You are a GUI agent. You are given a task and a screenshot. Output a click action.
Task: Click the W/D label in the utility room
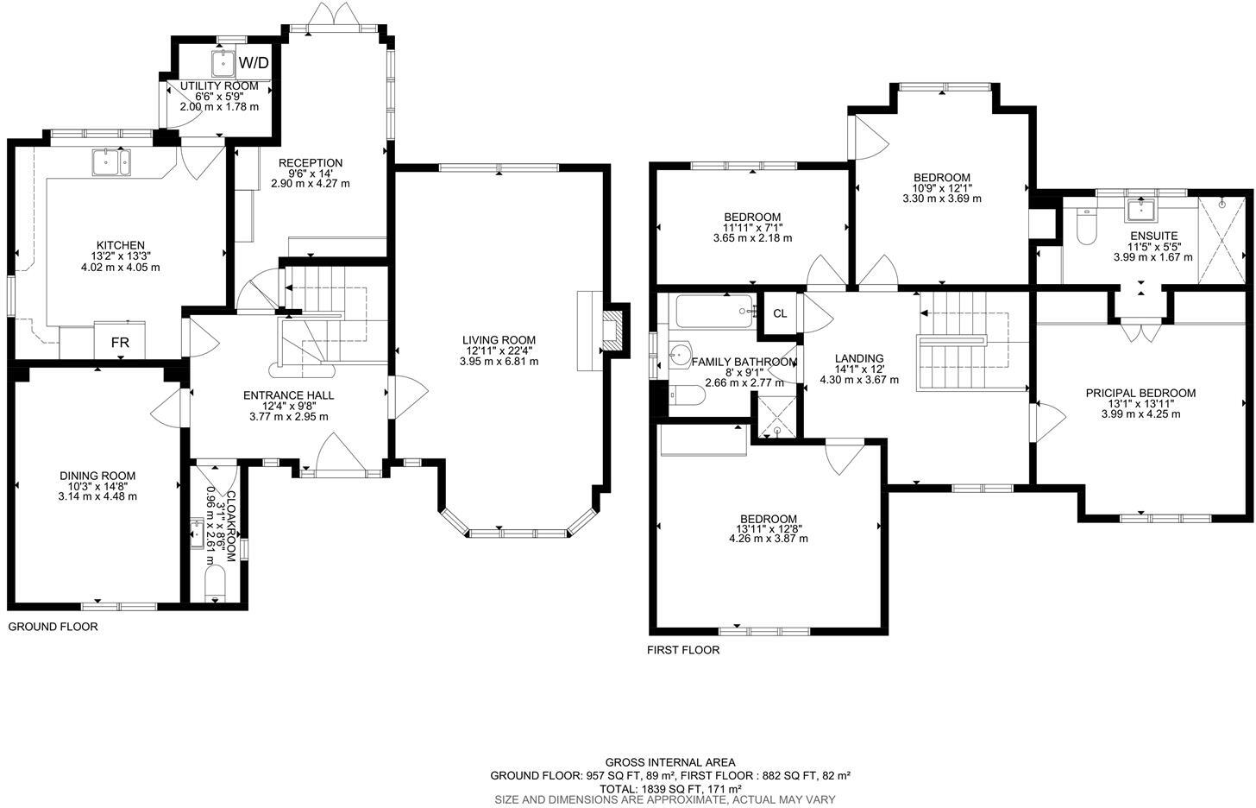[254, 63]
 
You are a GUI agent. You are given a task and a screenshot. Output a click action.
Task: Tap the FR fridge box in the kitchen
[120, 343]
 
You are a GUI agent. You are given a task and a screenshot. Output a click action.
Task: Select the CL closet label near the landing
[780, 314]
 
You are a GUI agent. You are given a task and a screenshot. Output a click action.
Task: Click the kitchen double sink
[111, 161]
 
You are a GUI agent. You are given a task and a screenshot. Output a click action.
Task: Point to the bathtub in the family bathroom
[715, 311]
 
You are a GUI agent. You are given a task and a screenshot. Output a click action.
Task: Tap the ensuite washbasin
[1142, 211]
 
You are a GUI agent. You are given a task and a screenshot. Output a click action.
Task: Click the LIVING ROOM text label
[499, 340]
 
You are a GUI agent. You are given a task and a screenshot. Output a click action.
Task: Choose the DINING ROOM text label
[97, 476]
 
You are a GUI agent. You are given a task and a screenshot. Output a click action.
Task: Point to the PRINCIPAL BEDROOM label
[1140, 393]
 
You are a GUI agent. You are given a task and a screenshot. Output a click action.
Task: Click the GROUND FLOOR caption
[53, 627]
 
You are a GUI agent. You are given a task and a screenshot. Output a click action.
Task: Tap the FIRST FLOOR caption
[683, 650]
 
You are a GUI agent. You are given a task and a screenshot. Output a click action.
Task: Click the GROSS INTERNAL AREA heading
[670, 762]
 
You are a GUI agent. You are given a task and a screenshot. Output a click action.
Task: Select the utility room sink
[223, 63]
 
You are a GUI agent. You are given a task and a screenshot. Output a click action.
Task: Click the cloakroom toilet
[215, 583]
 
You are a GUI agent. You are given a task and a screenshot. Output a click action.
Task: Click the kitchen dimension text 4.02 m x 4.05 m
[120, 268]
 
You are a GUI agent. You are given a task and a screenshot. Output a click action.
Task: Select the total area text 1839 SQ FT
[670, 789]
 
